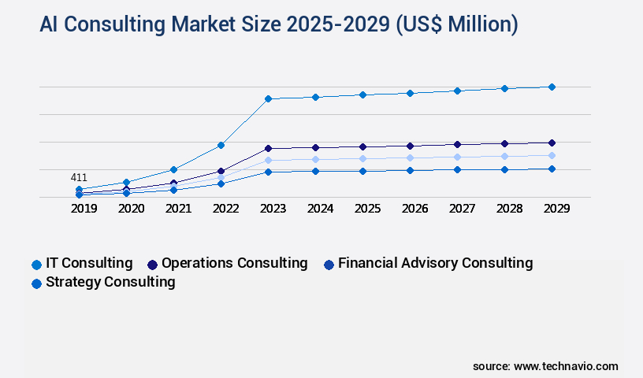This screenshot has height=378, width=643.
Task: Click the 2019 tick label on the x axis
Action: (84, 209)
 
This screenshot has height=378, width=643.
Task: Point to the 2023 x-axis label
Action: (273, 209)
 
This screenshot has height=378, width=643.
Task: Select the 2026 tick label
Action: (415, 209)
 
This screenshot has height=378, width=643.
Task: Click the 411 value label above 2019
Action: (79, 177)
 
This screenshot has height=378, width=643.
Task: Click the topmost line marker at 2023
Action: (268, 98)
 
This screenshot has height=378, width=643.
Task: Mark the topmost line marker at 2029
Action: (552, 87)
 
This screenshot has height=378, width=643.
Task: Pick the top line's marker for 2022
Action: (221, 145)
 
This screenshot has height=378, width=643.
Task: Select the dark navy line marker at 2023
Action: (268, 148)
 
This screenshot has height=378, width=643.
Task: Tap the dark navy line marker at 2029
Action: (552, 143)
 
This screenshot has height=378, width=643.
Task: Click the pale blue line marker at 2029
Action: (552, 155)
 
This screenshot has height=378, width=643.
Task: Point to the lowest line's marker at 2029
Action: (552, 169)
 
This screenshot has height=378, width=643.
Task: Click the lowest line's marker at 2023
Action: (268, 172)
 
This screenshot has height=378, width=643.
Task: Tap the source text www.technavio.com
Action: (566, 366)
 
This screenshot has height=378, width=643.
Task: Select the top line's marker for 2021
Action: (173, 169)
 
